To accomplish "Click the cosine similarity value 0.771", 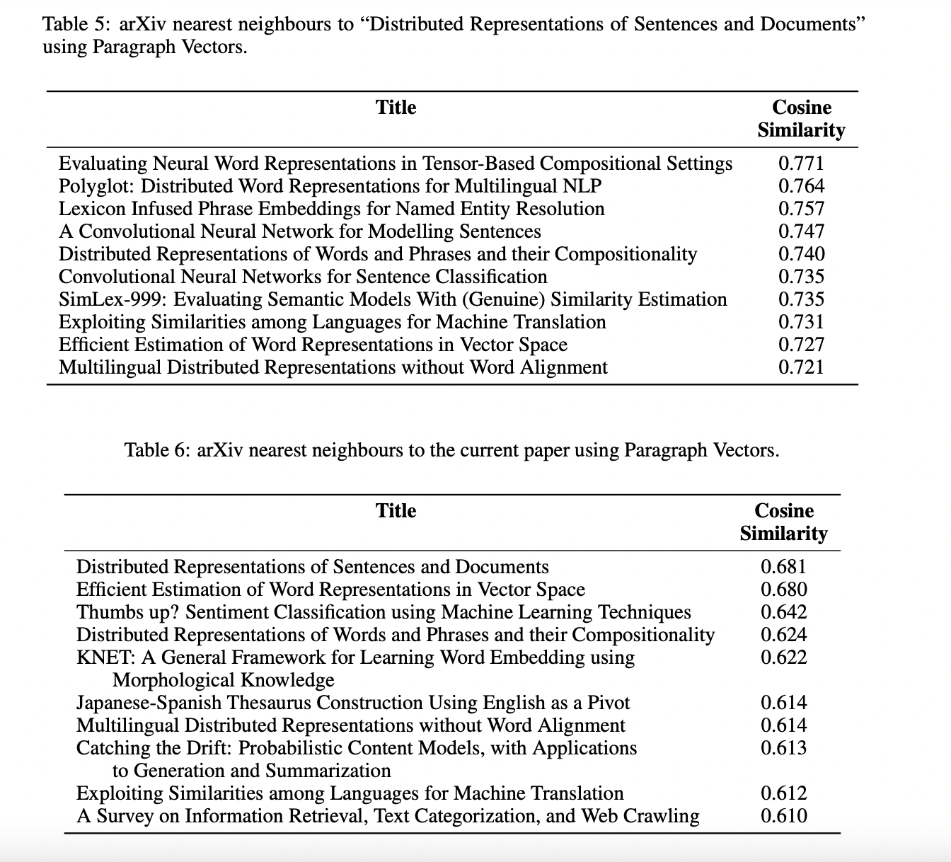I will (801, 163).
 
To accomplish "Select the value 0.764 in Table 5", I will (801, 186).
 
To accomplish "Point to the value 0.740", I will (801, 254).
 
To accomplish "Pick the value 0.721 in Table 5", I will (801, 367).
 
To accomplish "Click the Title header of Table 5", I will (396, 108).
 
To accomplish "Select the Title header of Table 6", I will (396, 511).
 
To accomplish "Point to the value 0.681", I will (783, 567).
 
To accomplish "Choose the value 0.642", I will (783, 612).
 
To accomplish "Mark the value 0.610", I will (783, 816).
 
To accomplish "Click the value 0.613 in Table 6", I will (783, 748).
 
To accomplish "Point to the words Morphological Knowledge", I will (223, 680).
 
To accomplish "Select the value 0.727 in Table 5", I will (801, 345).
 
